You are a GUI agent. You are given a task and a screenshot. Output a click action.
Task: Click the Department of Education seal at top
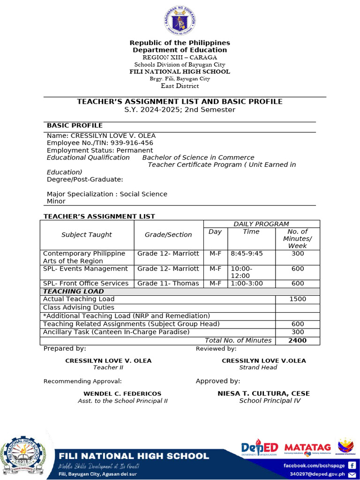180,21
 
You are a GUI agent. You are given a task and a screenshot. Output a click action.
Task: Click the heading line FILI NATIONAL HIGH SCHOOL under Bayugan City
180,72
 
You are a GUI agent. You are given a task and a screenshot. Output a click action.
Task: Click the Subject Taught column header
87,235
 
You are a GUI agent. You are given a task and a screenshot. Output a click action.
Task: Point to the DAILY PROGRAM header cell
262,224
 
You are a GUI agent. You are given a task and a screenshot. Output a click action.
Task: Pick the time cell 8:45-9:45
247,254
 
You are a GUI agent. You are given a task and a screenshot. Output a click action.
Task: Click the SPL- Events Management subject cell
85,269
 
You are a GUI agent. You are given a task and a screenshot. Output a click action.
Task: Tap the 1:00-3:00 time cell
247,284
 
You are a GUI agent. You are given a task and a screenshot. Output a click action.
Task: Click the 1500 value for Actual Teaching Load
298,299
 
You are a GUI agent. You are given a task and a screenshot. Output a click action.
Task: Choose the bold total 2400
298,341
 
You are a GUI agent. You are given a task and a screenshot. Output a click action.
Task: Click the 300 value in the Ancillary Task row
298,332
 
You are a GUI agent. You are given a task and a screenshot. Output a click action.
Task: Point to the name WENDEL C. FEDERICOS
122,394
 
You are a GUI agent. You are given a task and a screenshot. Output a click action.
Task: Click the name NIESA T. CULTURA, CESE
263,394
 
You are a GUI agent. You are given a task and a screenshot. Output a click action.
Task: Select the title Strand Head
259,367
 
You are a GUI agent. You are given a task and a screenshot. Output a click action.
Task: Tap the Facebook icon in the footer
352,465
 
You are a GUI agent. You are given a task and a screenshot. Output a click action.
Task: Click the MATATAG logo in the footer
307,449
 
